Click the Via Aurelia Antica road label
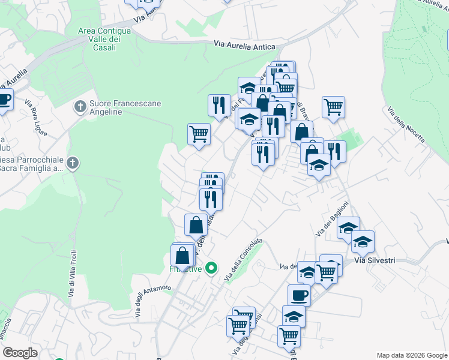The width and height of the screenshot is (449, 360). pos(245,46)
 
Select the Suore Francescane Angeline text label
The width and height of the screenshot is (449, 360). pos(125,107)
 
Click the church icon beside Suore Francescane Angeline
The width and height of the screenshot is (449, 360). pos(79,107)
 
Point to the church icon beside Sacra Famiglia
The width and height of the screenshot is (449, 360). pos(72,163)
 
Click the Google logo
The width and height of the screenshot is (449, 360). pos(19,353)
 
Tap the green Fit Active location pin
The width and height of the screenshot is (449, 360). pos(211,268)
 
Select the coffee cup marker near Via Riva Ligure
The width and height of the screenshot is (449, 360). pos(3,100)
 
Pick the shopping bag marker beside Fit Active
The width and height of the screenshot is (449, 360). pos(182,256)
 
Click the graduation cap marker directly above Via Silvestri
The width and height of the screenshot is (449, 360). pos(363,242)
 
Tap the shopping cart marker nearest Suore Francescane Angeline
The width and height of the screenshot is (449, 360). pos(199,134)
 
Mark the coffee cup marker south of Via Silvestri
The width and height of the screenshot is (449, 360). pos(299,295)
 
